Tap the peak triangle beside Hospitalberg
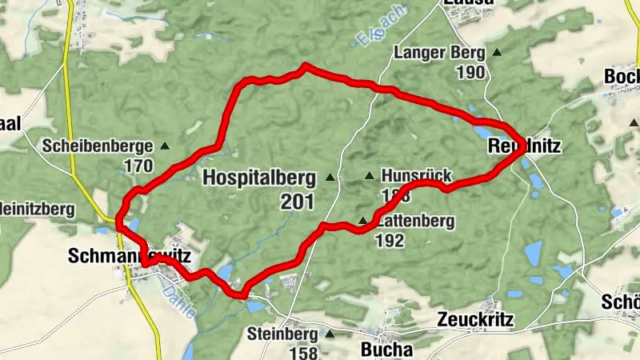[x=330, y=177]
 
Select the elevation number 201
[x=298, y=202]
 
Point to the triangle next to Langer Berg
[x=497, y=54]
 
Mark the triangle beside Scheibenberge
[x=165, y=146]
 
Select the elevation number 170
[x=138, y=166]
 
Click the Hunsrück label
[x=418, y=176]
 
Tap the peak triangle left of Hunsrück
[x=369, y=176]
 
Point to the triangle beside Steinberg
[x=328, y=333]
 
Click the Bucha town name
[x=387, y=350]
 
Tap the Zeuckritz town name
[x=475, y=320]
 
